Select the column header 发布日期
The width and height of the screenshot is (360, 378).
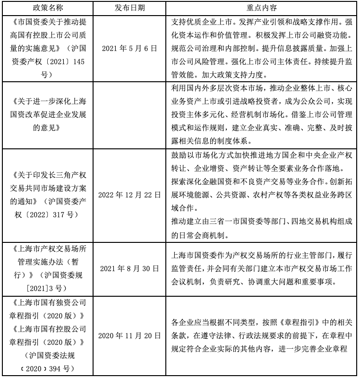(x=129, y=8)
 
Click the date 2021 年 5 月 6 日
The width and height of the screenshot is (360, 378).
(x=129, y=48)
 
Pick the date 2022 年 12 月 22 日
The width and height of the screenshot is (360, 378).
(x=129, y=194)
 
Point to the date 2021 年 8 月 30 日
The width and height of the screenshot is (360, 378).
(x=129, y=268)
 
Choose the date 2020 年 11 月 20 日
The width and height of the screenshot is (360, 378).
(x=129, y=336)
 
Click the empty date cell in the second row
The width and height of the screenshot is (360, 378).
(x=129, y=115)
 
